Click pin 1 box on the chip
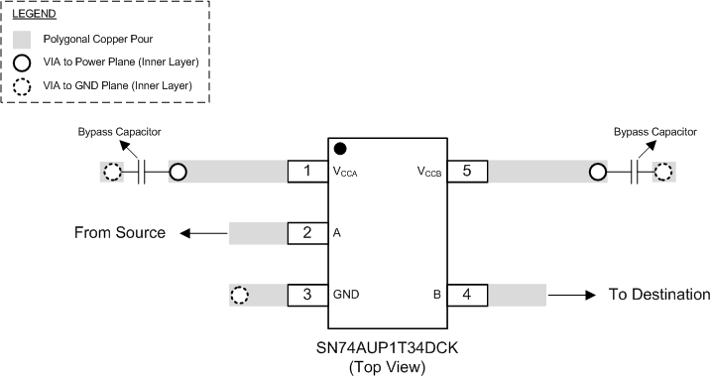308,172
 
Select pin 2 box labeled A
308,233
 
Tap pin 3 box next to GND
308,295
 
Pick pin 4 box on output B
467,295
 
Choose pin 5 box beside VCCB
467,172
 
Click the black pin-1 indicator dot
340,149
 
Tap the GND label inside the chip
347,295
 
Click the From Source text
119,233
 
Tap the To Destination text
659,295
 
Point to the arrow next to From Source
202,234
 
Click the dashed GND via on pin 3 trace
239,296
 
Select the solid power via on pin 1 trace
178,173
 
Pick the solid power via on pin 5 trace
598,173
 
